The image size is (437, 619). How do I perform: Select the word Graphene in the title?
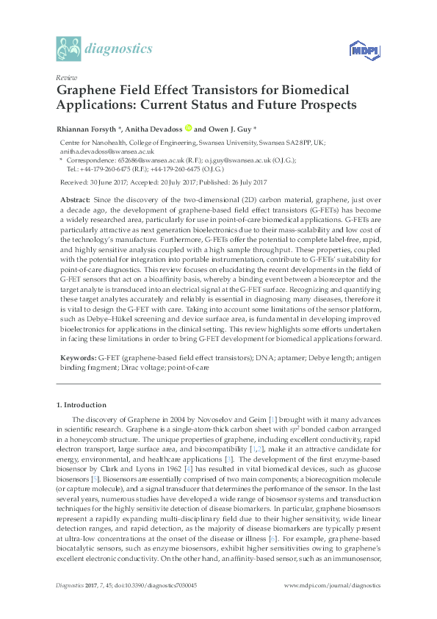90,90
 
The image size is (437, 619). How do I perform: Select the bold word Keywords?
76,356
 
